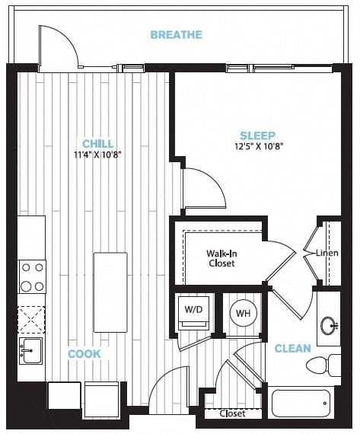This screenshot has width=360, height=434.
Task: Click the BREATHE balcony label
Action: coord(176,35)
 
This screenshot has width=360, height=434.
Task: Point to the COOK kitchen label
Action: coord(84,354)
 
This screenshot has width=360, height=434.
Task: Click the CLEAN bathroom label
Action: coord(293,349)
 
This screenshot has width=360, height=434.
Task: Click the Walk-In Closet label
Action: coord(221,258)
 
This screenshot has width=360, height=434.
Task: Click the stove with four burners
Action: coord(31,276)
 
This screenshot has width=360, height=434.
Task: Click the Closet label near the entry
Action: coord(231,414)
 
